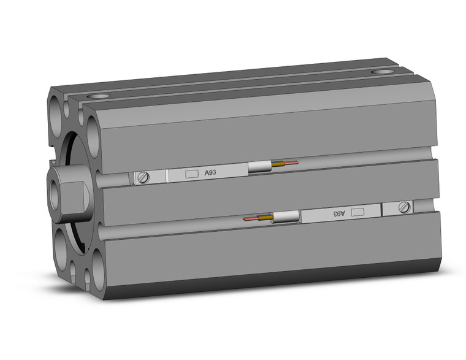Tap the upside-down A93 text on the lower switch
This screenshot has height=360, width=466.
tap(339, 213)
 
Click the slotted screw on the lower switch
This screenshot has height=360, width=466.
tap(404, 208)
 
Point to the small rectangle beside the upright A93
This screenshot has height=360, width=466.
tap(191, 175)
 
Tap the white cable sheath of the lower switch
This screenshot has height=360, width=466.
tap(286, 216)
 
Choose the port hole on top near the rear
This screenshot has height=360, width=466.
tap(382, 72)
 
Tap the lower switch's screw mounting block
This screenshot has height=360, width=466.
tap(399, 209)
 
